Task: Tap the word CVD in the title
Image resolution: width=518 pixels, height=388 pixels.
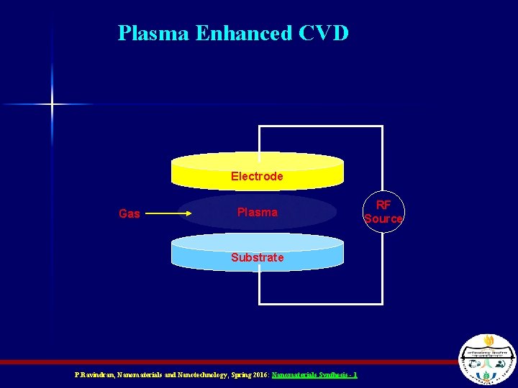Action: tap(321, 33)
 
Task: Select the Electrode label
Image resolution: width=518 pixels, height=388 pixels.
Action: tap(257, 176)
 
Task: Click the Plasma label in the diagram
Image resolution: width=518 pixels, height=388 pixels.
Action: tap(257, 212)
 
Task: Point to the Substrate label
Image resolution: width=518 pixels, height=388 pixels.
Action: tap(257, 257)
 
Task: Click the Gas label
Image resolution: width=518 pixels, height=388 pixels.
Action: tap(129, 213)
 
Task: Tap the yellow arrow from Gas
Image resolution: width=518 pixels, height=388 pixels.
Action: tap(169, 213)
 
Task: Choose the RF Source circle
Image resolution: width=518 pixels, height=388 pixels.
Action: tap(383, 212)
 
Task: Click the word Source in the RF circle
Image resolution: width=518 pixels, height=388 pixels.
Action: tap(383, 218)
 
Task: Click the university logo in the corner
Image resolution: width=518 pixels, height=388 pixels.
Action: tap(487, 361)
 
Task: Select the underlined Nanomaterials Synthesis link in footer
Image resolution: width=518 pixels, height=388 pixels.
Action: tap(314, 375)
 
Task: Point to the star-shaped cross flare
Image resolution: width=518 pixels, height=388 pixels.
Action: tap(52, 104)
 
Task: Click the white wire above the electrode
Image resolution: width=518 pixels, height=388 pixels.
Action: tap(320, 126)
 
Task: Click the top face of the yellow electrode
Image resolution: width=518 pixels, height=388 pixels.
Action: tap(257, 160)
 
